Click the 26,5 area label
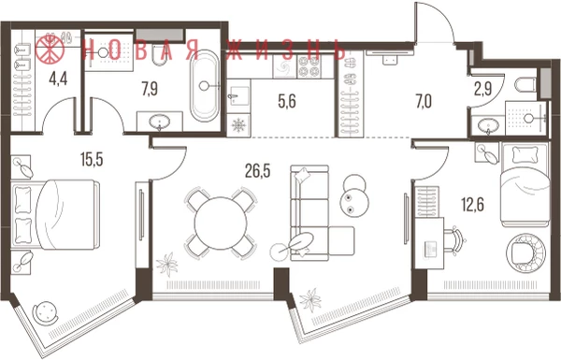[257, 171]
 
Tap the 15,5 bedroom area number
[92, 159]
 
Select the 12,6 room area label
[472, 205]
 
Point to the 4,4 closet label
[58, 79]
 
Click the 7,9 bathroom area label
[150, 89]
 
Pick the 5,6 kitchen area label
[287, 101]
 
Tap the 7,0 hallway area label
[424, 102]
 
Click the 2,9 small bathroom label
[483, 89]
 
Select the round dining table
[221, 223]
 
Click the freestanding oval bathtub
[204, 86]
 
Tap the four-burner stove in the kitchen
[309, 66]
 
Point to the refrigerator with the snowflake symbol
[237, 125]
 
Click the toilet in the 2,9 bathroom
[525, 85]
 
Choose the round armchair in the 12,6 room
[525, 252]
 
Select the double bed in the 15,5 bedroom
[55, 214]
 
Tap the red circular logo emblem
[50, 48]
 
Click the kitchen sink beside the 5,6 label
[238, 96]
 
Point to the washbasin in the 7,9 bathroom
[160, 122]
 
